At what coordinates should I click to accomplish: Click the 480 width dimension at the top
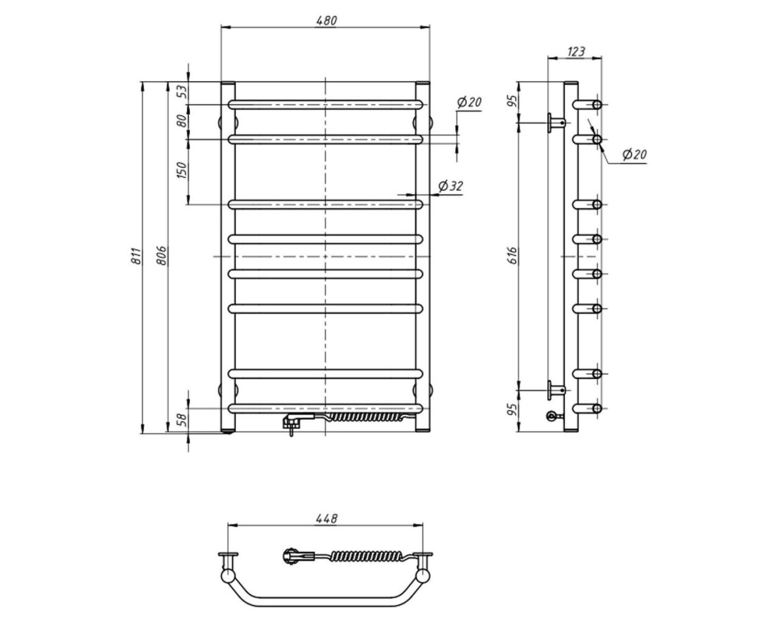click(326, 21)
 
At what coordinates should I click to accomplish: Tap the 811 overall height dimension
click(136, 256)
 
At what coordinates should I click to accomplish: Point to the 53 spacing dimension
click(183, 91)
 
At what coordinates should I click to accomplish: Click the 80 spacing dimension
click(183, 120)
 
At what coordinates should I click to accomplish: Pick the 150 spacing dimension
click(182, 170)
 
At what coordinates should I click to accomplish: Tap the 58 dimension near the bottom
click(183, 420)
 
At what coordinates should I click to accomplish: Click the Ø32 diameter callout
click(450, 186)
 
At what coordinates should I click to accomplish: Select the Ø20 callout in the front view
click(469, 102)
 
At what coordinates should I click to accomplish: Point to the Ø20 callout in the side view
click(634, 155)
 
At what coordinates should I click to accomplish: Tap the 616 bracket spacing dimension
click(512, 256)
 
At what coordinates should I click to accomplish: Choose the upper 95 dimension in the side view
click(512, 102)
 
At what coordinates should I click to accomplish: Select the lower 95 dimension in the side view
click(512, 409)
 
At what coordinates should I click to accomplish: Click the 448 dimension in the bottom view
click(326, 518)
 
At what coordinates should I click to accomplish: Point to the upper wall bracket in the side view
click(556, 123)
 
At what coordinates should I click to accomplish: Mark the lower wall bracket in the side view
click(556, 390)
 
